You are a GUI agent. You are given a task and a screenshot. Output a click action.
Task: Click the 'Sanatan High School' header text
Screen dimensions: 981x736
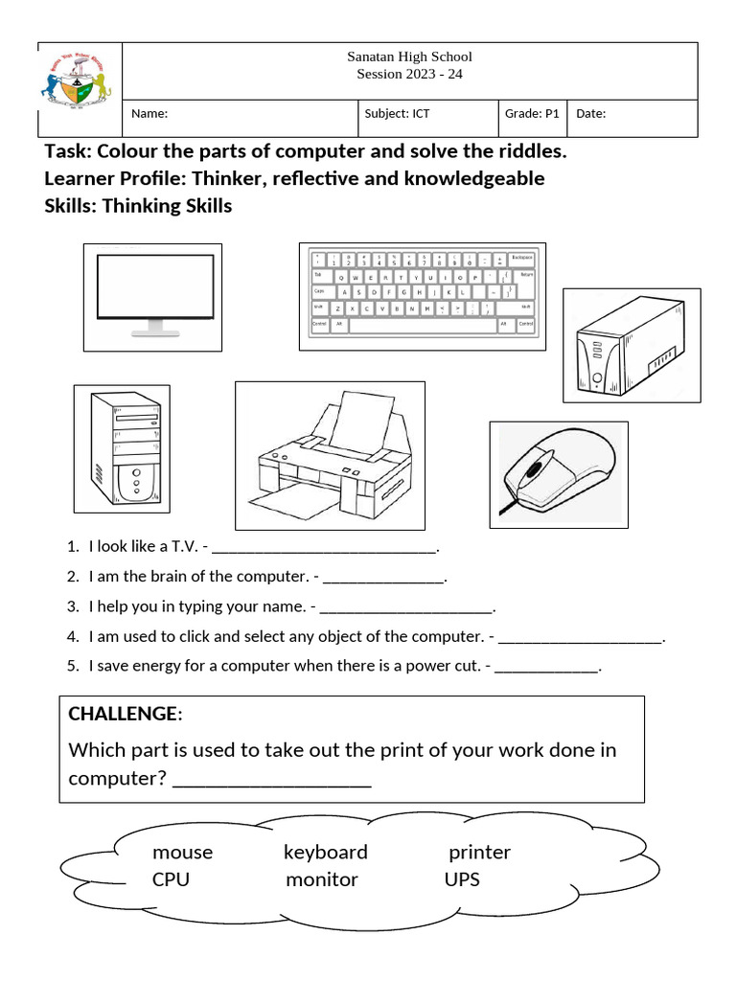(x=409, y=57)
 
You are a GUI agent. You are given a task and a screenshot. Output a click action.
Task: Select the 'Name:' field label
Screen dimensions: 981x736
(x=149, y=114)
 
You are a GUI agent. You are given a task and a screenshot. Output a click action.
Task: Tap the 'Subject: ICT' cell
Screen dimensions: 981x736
(x=397, y=114)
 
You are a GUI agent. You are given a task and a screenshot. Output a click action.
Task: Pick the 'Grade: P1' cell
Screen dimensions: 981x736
(x=532, y=114)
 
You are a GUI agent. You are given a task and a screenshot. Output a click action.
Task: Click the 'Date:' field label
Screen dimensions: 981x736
(x=590, y=114)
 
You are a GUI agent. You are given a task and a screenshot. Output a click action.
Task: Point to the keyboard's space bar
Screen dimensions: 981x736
(x=422, y=325)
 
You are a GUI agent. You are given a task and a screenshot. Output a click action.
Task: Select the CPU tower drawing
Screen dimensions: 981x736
(x=123, y=447)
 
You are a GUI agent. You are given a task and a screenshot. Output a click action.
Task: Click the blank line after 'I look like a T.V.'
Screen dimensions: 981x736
(x=323, y=549)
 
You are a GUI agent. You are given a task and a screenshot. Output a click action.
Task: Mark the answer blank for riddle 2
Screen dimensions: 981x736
(x=383, y=579)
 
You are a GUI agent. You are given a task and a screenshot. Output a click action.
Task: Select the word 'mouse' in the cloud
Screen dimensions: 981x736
(x=182, y=852)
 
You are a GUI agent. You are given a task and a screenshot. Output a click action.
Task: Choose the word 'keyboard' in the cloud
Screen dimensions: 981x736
(x=325, y=852)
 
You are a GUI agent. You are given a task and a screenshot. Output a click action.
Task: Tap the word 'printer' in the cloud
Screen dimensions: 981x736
(x=479, y=852)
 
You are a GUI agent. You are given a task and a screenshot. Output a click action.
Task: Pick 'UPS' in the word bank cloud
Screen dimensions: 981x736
(x=462, y=879)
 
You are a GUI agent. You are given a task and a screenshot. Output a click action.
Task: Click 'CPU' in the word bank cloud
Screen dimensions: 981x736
(x=171, y=879)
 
